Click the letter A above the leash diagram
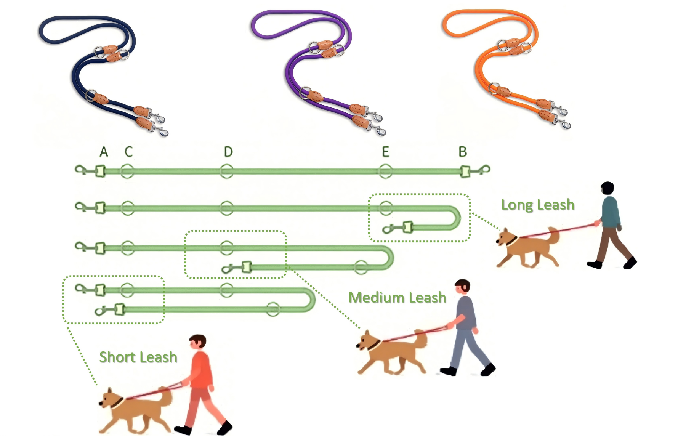(104, 152)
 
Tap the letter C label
(129, 152)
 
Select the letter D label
(228, 152)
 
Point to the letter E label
(386, 152)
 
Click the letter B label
(463, 152)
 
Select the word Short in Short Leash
(117, 357)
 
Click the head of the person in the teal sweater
(607, 189)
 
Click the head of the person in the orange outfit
(198, 342)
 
